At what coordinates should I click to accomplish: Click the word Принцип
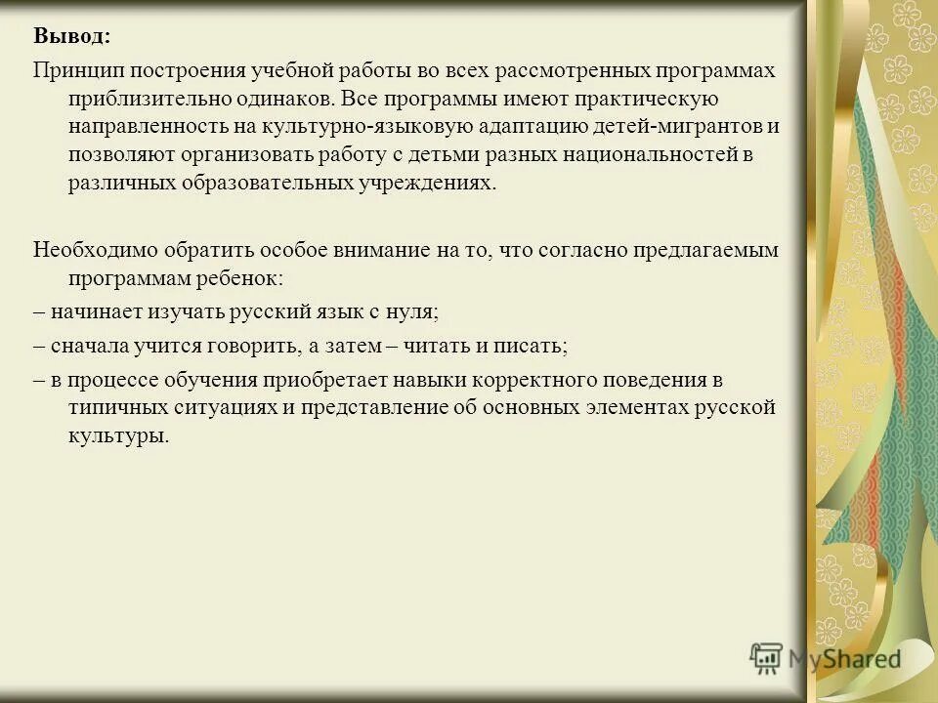[x=75, y=71]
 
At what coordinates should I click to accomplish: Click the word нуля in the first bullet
[x=411, y=312]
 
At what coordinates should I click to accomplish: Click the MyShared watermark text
[x=844, y=658]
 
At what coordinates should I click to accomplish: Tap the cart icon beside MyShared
[x=766, y=657]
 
